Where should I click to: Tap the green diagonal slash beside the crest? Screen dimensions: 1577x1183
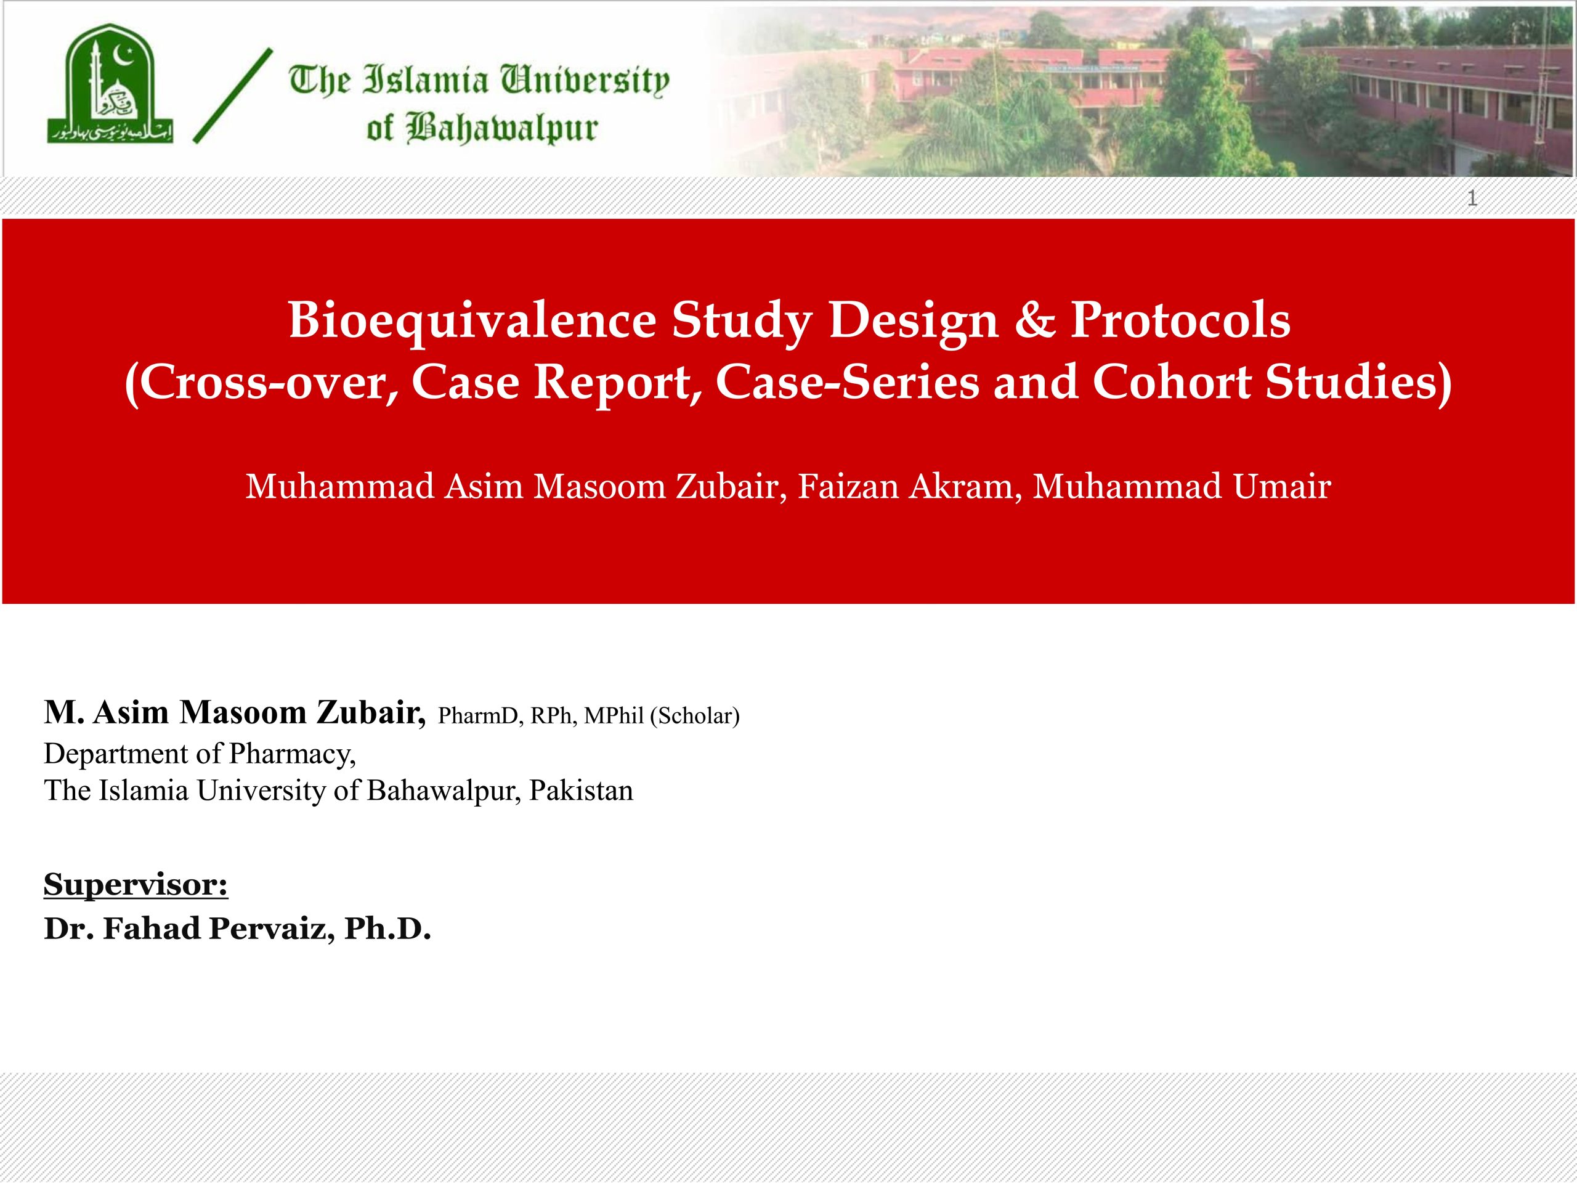[x=233, y=96]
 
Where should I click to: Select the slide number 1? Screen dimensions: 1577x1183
[x=1472, y=198]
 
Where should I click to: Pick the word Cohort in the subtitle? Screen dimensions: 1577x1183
[x=1171, y=381]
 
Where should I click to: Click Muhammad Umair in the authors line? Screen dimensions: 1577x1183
[x=1182, y=486]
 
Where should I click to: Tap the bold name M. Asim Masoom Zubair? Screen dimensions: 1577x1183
[x=235, y=712]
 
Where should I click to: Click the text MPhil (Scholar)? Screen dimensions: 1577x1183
[x=662, y=715]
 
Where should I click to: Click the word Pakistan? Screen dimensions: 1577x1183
[x=581, y=791]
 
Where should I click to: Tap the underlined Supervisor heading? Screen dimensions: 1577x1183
[x=136, y=885]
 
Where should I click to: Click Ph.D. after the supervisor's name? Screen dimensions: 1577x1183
[x=388, y=929]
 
